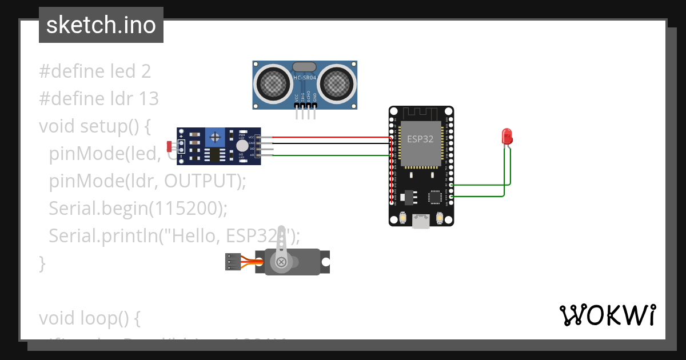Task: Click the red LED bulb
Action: pos(506,136)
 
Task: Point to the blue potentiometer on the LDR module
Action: pos(216,137)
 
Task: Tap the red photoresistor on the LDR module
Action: pos(170,146)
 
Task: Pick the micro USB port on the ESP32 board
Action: pos(421,221)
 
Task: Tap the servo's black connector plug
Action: pos(233,261)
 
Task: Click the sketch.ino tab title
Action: pos(101,25)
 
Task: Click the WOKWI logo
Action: pos(607,315)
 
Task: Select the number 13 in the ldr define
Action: pos(148,99)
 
